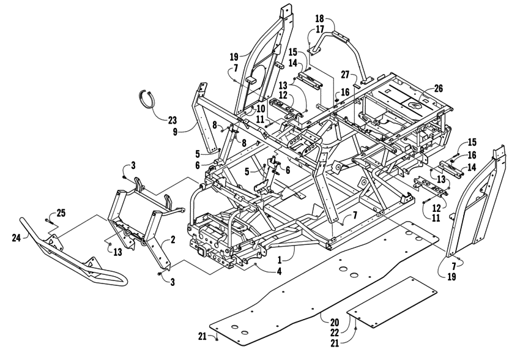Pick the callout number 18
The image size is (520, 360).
(319, 19)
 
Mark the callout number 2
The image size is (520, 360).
(173, 239)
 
